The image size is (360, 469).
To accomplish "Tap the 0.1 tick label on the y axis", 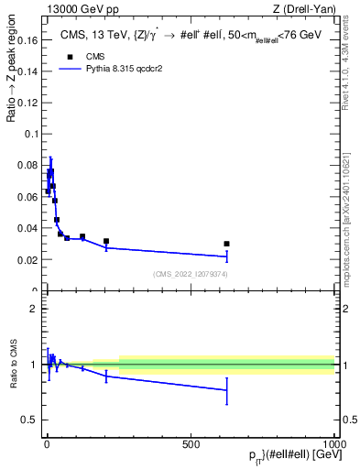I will (29, 134).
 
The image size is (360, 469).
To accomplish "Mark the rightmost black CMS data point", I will (226, 244).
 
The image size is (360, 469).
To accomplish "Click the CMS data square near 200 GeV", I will (106, 241).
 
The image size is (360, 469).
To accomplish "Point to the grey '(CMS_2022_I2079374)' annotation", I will (190, 275).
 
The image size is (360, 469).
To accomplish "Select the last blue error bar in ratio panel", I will (226, 390).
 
